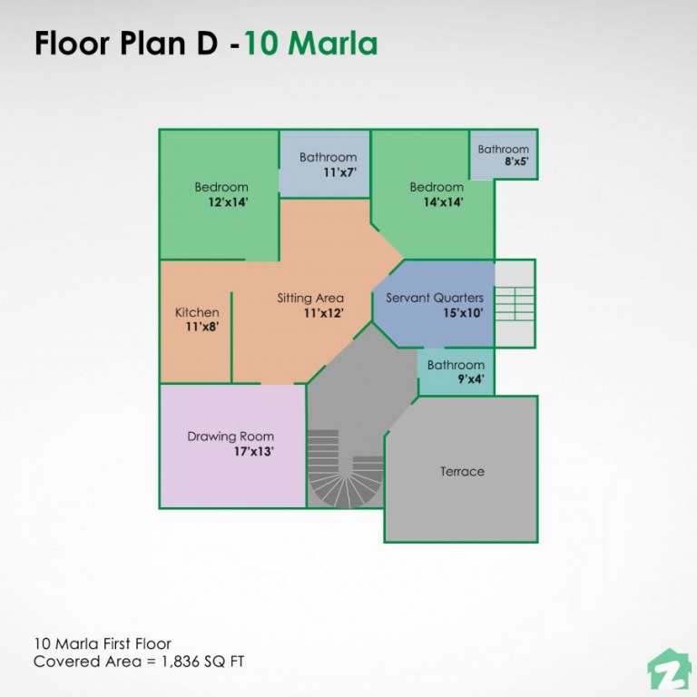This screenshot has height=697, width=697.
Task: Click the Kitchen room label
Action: coord(197,312)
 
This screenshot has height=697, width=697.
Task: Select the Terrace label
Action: coord(462,471)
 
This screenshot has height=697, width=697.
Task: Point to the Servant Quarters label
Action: coord(435,298)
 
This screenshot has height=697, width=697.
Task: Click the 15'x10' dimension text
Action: coord(463,312)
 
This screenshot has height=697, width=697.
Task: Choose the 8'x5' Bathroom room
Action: coord(503,155)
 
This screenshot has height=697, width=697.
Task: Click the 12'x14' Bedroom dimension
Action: coord(228,202)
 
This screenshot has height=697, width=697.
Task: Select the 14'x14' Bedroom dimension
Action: coord(443,202)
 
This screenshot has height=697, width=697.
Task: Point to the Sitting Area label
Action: coord(310,298)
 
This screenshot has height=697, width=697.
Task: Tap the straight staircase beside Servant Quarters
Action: coord(515,303)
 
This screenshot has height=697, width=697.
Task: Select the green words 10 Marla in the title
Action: coord(310,43)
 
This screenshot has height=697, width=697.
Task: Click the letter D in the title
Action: coord(209,43)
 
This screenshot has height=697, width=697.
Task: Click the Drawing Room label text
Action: coord(231,436)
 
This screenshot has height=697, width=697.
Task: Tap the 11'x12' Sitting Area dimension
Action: coord(324,312)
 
